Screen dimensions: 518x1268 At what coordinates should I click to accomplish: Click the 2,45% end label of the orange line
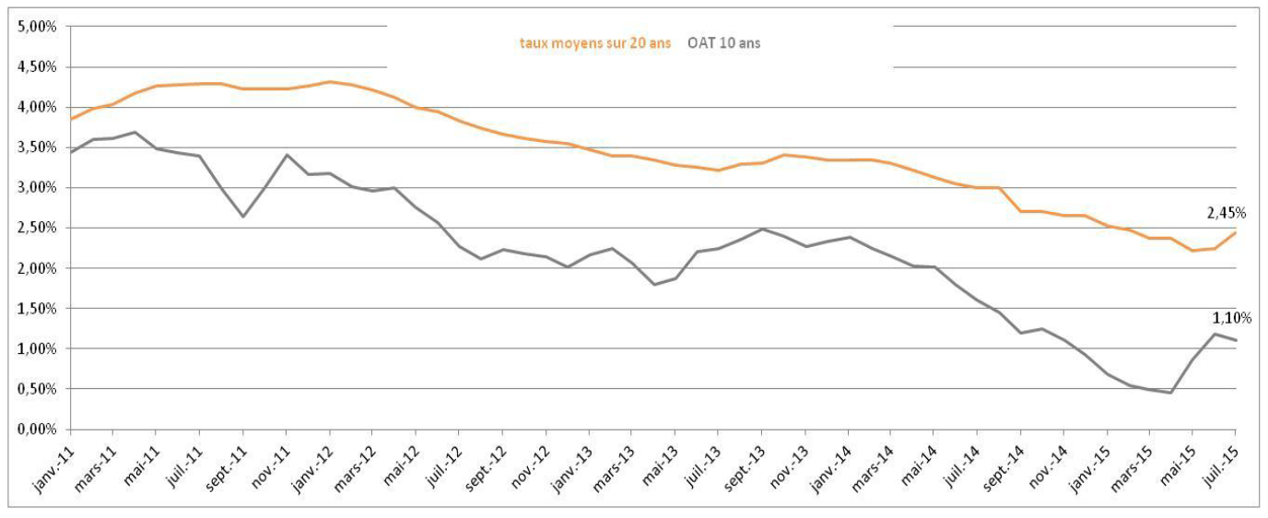(1227, 213)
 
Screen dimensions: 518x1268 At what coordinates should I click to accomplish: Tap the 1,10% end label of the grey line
(1232, 318)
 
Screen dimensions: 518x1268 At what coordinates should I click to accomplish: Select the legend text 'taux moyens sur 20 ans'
(595, 43)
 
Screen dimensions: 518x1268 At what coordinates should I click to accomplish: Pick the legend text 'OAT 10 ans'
(723, 43)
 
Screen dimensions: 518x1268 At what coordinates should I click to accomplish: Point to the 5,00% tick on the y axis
(38, 27)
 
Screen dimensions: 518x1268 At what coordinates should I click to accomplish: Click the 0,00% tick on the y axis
(38, 430)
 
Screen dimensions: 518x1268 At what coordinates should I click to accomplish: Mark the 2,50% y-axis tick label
(38, 228)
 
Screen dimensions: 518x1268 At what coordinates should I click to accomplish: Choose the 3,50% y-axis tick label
(38, 147)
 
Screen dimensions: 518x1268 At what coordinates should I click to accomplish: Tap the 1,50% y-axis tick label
(38, 309)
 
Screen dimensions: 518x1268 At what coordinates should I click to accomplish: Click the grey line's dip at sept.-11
(243, 217)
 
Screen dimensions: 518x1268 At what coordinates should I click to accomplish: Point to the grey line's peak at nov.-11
(287, 155)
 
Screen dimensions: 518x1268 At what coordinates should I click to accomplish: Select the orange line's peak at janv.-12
(330, 82)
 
